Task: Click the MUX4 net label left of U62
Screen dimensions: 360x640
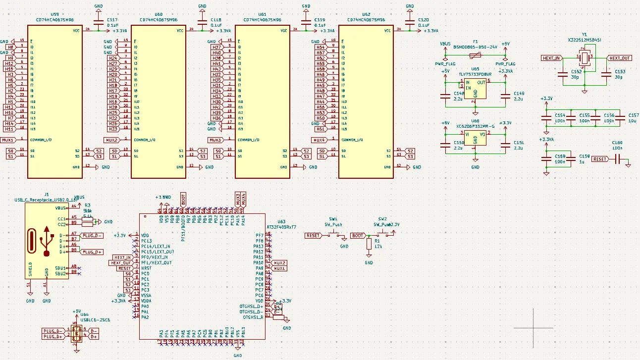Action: coord(319,140)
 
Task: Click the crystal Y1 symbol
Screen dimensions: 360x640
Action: coord(585,58)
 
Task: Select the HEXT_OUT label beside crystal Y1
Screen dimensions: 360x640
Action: coord(620,58)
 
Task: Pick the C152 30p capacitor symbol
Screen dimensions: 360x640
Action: coord(563,74)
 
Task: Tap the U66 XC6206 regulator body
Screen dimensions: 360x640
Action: coord(475,138)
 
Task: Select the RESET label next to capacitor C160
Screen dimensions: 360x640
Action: coord(600,159)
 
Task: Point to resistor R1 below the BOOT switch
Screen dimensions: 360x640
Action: coord(369,244)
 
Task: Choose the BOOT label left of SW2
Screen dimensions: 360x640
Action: coord(358,236)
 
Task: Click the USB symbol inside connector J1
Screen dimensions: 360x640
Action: coord(47,242)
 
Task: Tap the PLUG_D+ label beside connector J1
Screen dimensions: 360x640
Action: coord(92,252)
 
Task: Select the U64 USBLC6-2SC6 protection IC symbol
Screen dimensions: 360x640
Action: coord(76,334)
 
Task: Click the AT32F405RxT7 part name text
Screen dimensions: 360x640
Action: coord(281,227)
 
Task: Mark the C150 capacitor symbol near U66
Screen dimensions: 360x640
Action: coord(445,144)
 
